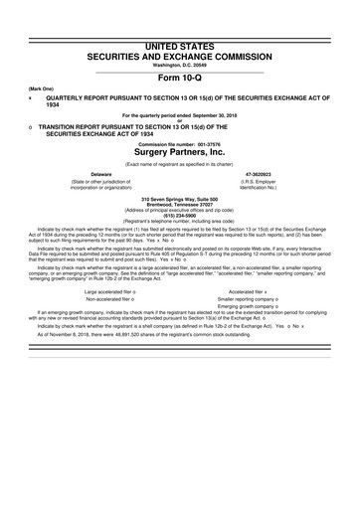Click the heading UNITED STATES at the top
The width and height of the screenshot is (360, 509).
pyautogui.click(x=179, y=7)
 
